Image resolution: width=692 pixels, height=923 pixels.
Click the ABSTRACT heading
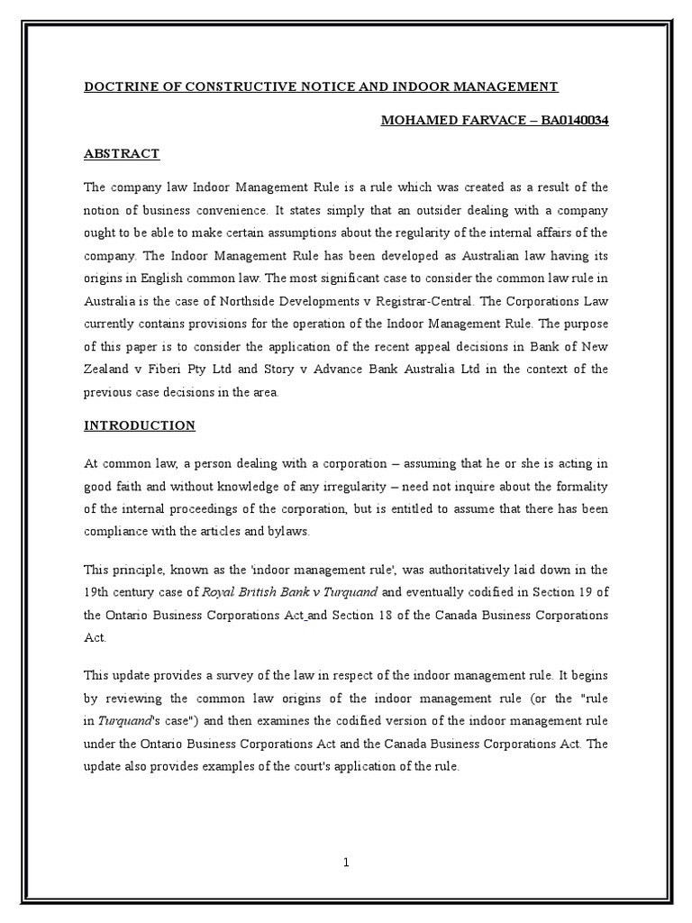pos(122,153)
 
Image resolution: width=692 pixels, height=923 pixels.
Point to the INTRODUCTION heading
pos(140,425)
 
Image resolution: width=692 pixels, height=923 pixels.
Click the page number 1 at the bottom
pos(346,863)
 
